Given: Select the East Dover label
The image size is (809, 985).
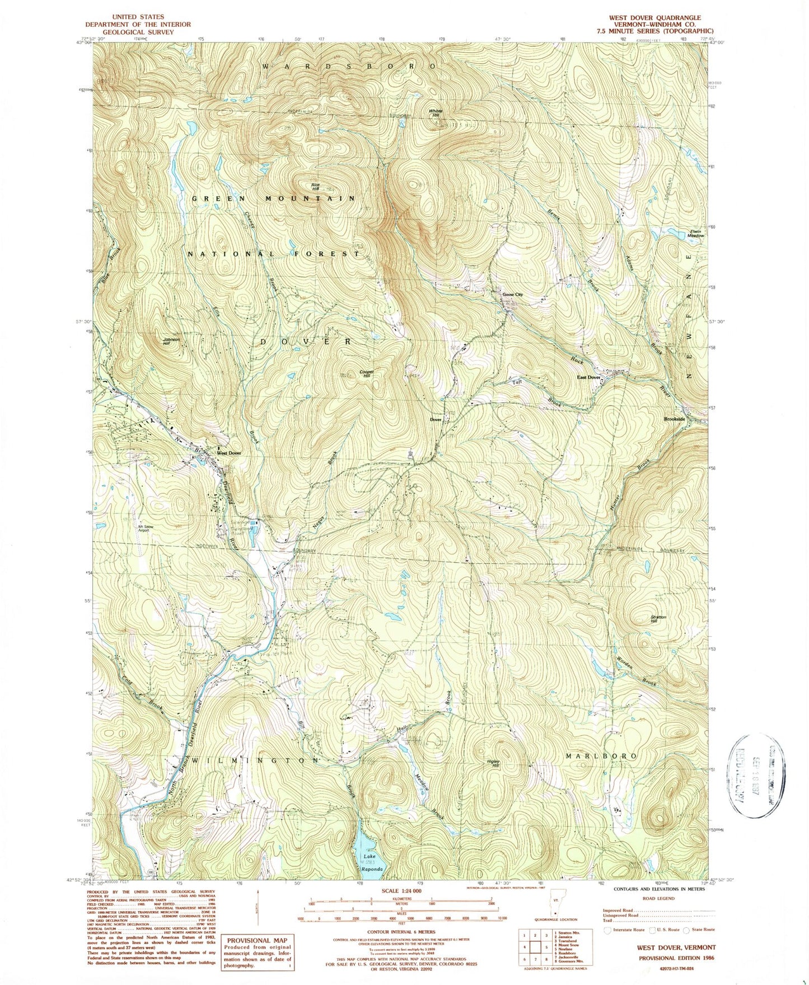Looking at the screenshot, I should coord(589,377).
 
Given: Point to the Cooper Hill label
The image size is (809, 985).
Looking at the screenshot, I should coord(366,374).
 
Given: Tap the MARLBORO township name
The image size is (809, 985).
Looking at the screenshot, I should coord(600,755).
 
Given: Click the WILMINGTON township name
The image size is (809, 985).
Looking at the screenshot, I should coord(257,760).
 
